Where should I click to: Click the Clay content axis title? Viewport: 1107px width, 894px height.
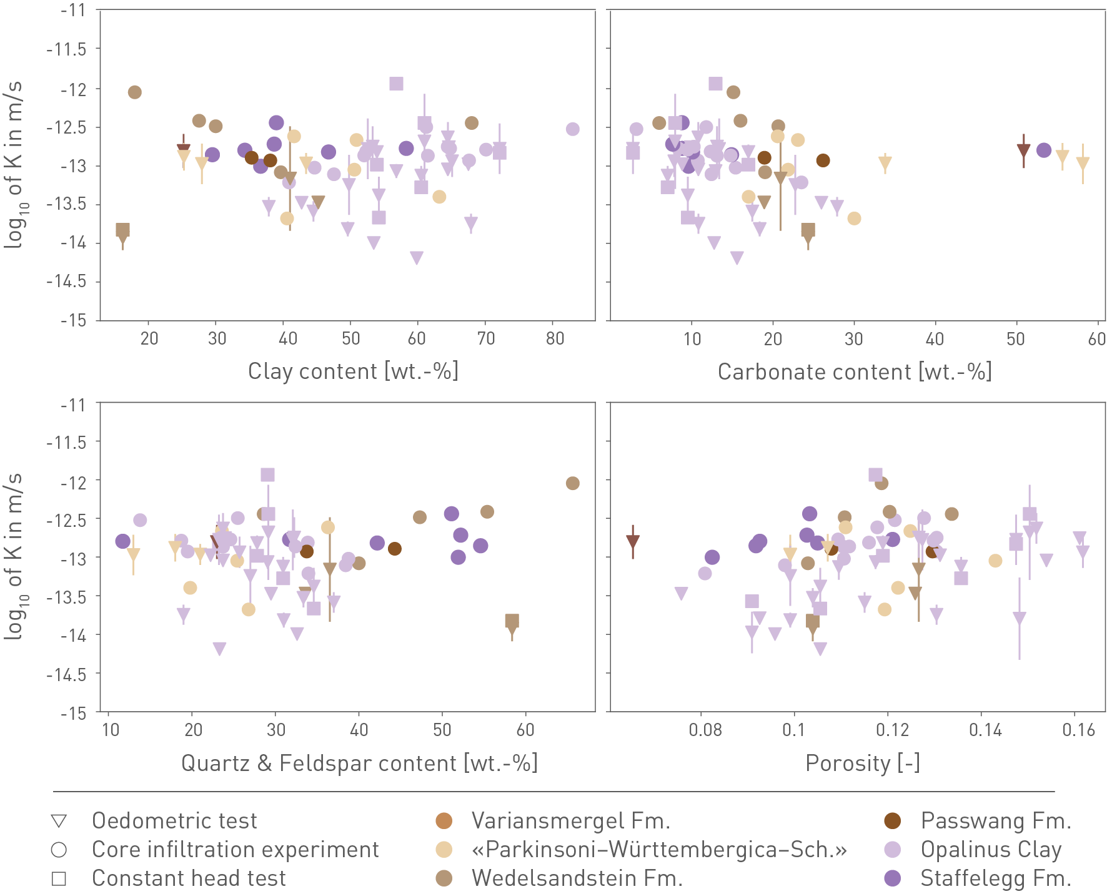tap(353, 371)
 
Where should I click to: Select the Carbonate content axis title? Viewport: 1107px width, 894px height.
tap(855, 372)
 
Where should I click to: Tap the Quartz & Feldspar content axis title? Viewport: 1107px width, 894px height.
tap(359, 764)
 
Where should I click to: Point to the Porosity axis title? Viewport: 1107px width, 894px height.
tap(862, 764)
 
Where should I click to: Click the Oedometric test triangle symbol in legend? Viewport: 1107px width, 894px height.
tap(59, 821)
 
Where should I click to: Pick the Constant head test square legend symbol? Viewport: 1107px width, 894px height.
tap(59, 878)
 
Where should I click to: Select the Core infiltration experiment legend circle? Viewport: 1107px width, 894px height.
tap(59, 850)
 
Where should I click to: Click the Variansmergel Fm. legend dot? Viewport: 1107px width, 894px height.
tap(444, 821)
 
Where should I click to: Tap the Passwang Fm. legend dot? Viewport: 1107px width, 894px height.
tap(893, 821)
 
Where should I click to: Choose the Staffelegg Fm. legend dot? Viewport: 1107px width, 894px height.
tap(893, 878)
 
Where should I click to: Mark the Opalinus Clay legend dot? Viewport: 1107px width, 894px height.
tap(893, 850)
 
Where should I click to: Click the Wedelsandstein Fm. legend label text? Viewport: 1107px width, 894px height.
tap(577, 878)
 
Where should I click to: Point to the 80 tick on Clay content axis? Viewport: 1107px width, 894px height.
tap(555, 339)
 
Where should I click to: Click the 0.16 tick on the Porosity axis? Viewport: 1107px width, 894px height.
tap(1079, 730)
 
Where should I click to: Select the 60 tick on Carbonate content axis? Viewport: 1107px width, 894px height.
tap(1097, 339)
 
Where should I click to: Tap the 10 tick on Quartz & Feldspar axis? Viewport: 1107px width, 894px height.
tap(111, 730)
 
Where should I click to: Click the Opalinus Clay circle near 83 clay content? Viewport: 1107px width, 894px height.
tap(573, 129)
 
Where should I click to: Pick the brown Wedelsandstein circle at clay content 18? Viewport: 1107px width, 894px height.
tap(135, 92)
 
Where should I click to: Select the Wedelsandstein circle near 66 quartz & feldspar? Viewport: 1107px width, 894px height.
tap(573, 483)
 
